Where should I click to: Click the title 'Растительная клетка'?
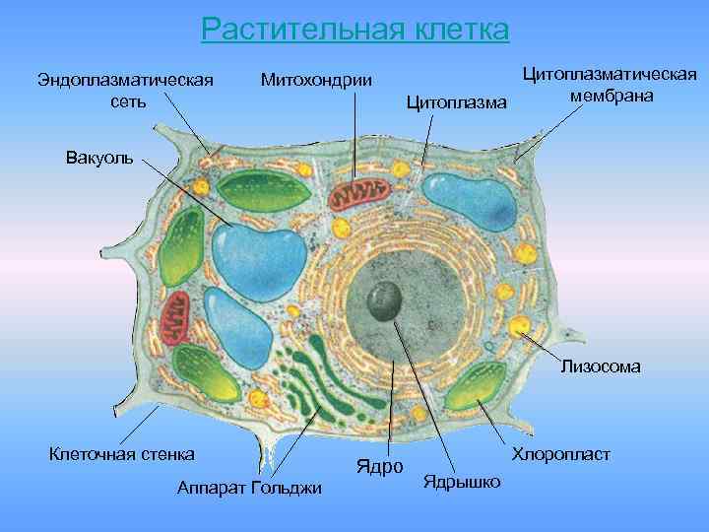pos(354,29)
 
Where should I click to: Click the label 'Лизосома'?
pos(600,366)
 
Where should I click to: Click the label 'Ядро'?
pos(378,465)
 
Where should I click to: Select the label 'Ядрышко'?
pos(460,481)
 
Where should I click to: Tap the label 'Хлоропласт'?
pos(560,454)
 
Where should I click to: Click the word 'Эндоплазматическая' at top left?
pos(125,78)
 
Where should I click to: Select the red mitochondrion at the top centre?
pos(358,195)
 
